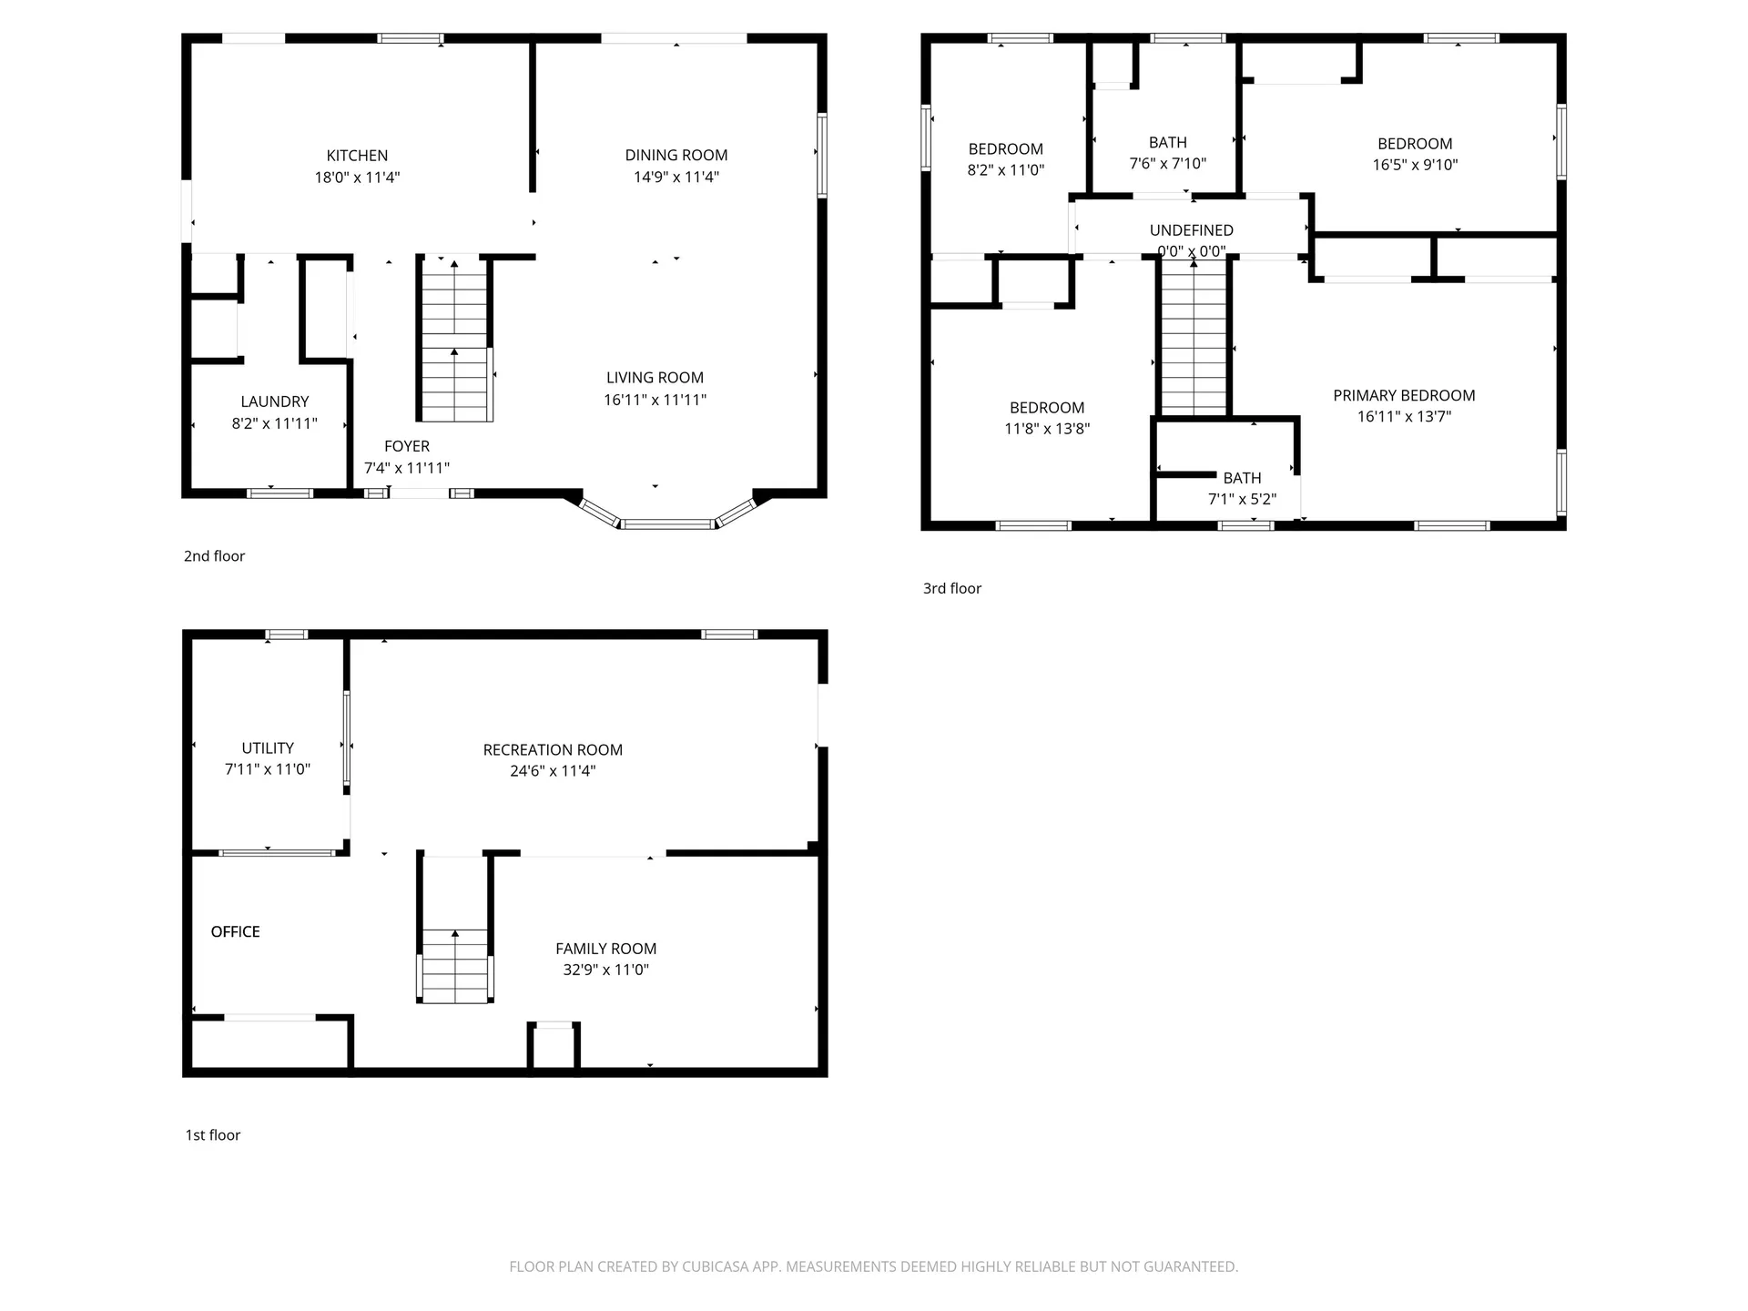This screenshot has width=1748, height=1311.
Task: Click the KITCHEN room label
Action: (x=357, y=156)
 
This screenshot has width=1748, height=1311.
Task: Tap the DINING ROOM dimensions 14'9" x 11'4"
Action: (x=676, y=177)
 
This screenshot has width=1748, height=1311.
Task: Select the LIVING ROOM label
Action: (x=655, y=377)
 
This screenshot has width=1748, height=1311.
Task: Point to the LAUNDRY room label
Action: (x=274, y=401)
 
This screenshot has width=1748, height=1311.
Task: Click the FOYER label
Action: (x=406, y=446)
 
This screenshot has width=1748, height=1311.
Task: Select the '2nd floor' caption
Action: (x=214, y=556)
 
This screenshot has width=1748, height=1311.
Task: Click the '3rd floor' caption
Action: (x=951, y=589)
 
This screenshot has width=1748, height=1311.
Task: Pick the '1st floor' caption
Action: (x=212, y=1135)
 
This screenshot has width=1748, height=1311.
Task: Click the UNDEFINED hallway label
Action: (x=1191, y=230)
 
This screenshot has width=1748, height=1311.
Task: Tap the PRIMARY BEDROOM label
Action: (x=1403, y=395)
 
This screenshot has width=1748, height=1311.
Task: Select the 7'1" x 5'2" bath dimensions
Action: (x=1242, y=499)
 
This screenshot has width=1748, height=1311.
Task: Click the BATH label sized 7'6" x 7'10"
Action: (x=1167, y=142)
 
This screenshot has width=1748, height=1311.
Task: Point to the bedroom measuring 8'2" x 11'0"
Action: (x=1005, y=159)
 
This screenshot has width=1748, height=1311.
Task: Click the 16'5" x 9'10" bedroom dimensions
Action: (x=1414, y=165)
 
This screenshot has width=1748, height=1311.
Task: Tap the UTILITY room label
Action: (x=267, y=747)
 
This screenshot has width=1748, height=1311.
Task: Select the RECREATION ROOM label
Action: (x=552, y=749)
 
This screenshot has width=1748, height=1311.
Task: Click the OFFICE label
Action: (x=235, y=931)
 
